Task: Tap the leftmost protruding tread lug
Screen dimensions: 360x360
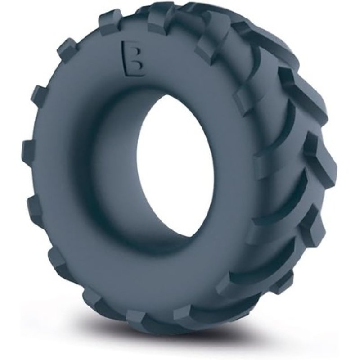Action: tap(27, 148)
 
